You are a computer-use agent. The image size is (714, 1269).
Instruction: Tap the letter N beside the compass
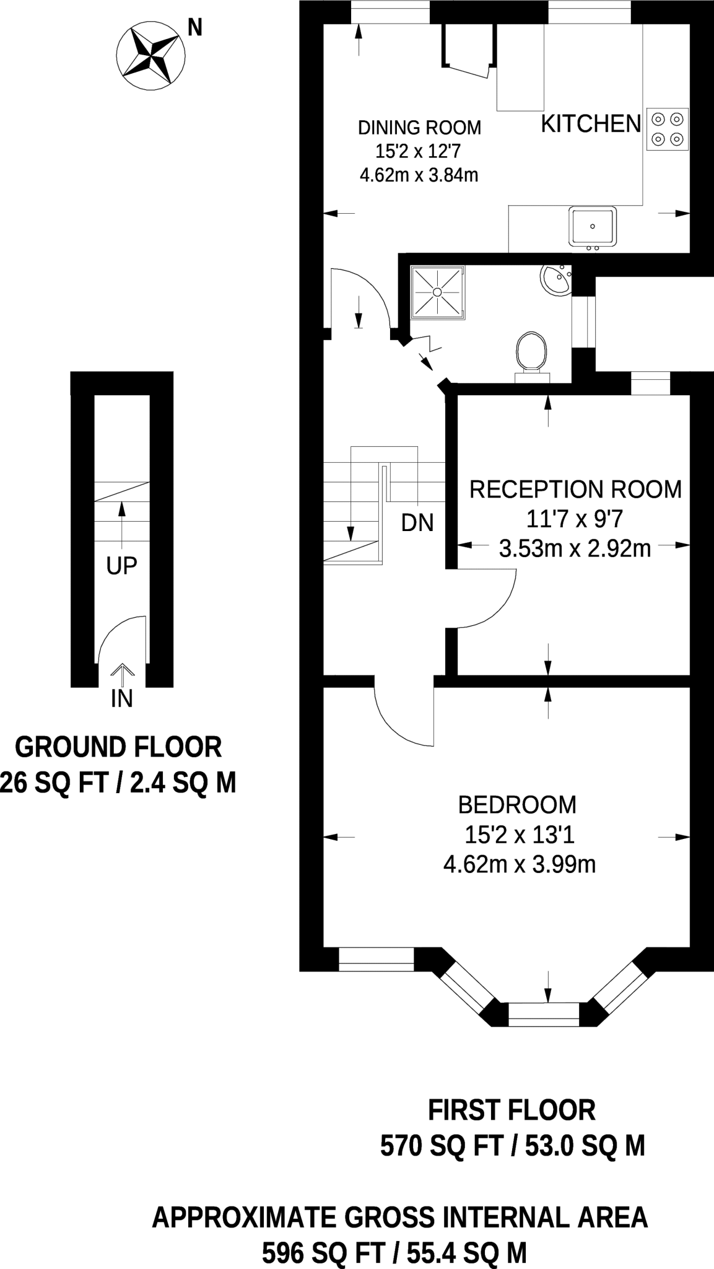click(x=194, y=28)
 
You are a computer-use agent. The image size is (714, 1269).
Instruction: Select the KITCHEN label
click(x=591, y=125)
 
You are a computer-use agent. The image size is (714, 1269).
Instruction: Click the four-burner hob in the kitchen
click(x=668, y=129)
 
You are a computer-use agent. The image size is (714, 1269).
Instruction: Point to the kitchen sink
click(x=593, y=226)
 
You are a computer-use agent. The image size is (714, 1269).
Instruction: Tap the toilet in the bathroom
click(x=531, y=355)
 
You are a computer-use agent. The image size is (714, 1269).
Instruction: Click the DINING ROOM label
click(x=419, y=128)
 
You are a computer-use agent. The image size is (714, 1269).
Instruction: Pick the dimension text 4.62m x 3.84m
click(x=419, y=175)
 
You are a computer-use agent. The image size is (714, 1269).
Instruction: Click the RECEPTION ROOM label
click(x=575, y=490)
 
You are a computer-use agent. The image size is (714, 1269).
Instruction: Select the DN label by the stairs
click(x=417, y=523)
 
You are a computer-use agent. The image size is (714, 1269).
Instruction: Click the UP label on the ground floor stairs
click(x=121, y=566)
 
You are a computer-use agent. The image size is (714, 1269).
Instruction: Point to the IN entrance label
click(x=121, y=698)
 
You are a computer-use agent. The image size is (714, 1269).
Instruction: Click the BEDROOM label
click(x=517, y=805)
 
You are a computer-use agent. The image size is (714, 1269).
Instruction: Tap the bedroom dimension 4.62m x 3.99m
click(x=519, y=864)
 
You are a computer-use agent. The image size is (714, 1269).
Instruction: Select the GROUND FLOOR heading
click(x=118, y=747)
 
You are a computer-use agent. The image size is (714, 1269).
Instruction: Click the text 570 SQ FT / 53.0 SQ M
click(x=512, y=1146)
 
